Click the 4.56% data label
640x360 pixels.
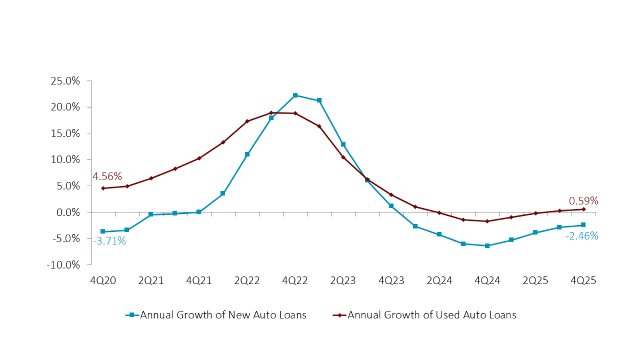pyautogui.click(x=107, y=177)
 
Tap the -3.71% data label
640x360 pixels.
pyautogui.click(x=109, y=241)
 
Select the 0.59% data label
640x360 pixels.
pyautogui.click(x=583, y=201)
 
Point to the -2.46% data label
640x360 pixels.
pyautogui.click(x=582, y=236)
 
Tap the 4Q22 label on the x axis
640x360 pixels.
pyautogui.click(x=295, y=281)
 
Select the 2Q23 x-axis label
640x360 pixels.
pyautogui.click(x=343, y=281)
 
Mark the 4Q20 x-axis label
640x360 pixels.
pyautogui.click(x=103, y=281)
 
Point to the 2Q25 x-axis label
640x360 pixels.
pyautogui.click(x=535, y=281)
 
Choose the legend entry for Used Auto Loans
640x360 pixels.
pyautogui.click(x=425, y=315)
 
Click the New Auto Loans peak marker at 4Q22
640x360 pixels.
pyautogui.click(x=295, y=95)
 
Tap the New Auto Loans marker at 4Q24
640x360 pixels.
pyautogui.click(x=487, y=246)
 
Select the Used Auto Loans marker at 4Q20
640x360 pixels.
pyautogui.click(x=103, y=188)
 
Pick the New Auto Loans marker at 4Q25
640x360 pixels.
pyautogui.click(x=583, y=225)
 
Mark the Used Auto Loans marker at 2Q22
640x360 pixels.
pyautogui.click(x=247, y=122)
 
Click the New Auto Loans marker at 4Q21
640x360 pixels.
pyautogui.click(x=199, y=212)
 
